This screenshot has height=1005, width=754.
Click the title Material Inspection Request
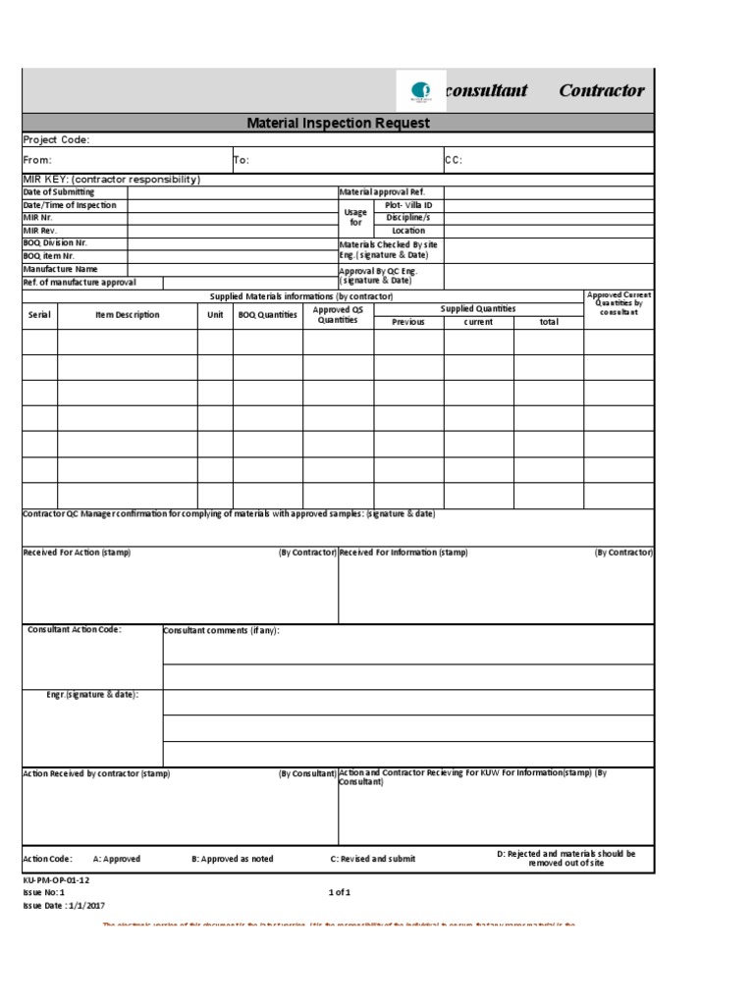click(338, 124)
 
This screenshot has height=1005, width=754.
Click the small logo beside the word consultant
click(420, 92)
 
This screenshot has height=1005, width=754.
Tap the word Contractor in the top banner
click(602, 91)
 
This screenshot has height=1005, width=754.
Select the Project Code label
click(56, 140)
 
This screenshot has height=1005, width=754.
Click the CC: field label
click(454, 160)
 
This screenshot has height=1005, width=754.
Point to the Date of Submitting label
click(59, 192)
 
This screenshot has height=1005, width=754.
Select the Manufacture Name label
click(60, 269)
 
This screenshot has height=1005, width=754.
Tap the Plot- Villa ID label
click(408, 205)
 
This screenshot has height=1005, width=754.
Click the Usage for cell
click(356, 217)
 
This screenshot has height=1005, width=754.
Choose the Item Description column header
click(127, 315)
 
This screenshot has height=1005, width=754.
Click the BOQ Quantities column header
click(267, 315)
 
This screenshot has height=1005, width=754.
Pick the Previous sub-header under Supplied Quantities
click(408, 322)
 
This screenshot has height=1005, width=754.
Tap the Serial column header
click(39, 315)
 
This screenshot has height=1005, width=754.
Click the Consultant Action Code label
click(75, 630)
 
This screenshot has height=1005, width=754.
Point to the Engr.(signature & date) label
click(92, 695)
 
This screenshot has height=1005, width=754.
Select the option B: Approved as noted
click(232, 859)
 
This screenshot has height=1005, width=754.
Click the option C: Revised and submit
click(372, 859)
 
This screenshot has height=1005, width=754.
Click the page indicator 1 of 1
click(339, 892)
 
